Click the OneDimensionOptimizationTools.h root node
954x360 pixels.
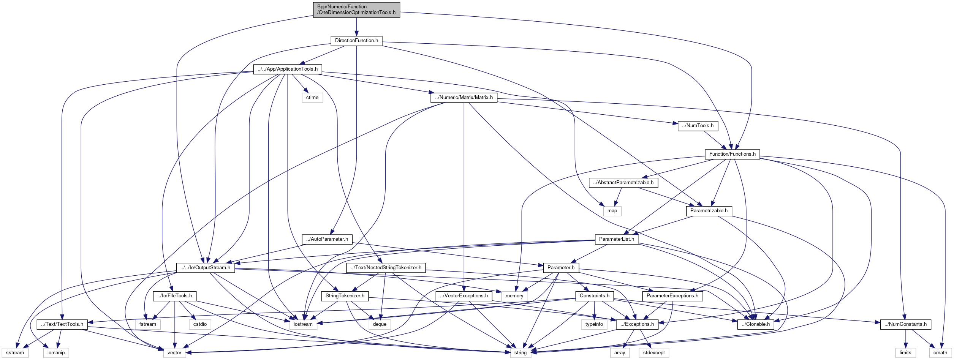coord(356,9)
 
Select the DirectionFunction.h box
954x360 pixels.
coord(356,41)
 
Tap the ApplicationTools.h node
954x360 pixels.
coord(288,69)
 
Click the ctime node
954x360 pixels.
coord(312,98)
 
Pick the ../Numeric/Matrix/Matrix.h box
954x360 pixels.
coord(464,98)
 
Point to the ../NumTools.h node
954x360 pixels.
coord(698,126)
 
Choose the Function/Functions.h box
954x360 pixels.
coord(732,154)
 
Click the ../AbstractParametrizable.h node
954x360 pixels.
coord(623,183)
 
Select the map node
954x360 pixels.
coord(612,211)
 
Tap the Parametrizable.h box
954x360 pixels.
coord(709,211)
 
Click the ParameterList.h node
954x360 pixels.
coord(617,239)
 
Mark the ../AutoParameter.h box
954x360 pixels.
coord(327,239)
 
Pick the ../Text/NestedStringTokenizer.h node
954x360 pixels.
coord(386,268)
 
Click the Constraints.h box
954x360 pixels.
coord(594,296)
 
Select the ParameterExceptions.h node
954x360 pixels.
coord(672,296)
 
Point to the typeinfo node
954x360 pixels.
coord(594,324)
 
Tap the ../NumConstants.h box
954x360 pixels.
coord(905,324)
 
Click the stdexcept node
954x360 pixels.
coord(654,353)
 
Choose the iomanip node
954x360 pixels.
coord(56,353)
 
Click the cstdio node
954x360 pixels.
coord(200,324)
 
